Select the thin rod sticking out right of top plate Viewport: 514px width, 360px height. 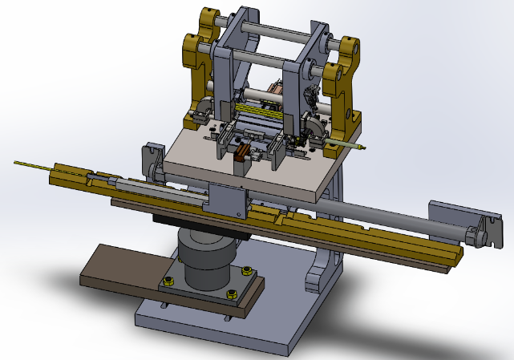click(346, 145)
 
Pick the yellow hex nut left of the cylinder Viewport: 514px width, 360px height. click(169, 281)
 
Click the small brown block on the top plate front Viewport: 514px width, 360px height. click(239, 161)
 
